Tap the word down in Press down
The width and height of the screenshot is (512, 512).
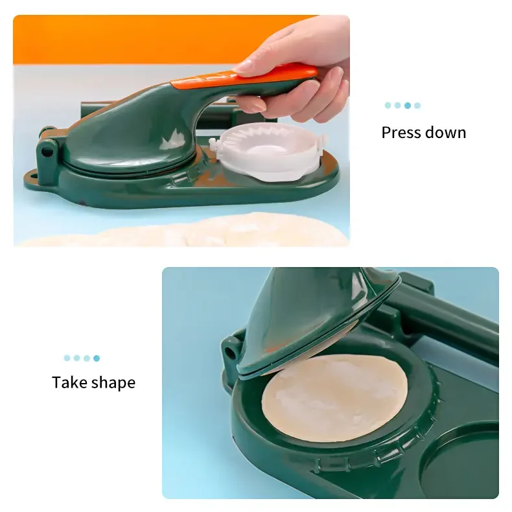click(x=445, y=133)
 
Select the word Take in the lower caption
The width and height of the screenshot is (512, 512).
click(x=71, y=382)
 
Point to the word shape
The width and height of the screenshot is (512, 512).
click(x=114, y=383)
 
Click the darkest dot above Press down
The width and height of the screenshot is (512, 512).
click(x=408, y=105)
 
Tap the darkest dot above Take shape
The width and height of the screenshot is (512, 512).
click(x=97, y=358)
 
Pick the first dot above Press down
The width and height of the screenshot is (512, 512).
click(x=388, y=105)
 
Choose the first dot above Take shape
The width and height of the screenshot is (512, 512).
click(x=67, y=358)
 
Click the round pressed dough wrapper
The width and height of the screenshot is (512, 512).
click(x=334, y=398)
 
